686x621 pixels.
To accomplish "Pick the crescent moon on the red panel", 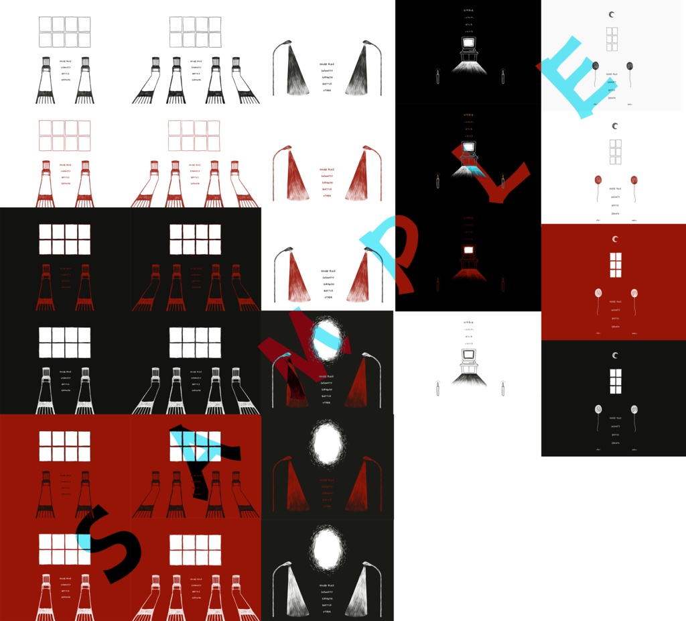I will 614,239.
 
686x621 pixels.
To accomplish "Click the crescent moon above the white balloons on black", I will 614,355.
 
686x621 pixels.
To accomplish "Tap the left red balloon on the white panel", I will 598,180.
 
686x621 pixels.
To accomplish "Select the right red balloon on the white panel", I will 634,180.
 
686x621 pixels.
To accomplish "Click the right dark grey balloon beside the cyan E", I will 630,65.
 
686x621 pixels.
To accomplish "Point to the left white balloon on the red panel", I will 598,293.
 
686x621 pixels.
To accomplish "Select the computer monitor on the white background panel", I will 468,355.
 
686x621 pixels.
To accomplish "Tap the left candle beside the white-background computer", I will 437,388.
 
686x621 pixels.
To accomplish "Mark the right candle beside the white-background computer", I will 502,388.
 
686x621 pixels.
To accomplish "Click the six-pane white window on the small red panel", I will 614,264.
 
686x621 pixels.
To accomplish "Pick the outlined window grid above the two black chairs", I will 64,32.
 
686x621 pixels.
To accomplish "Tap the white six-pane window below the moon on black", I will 614,380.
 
